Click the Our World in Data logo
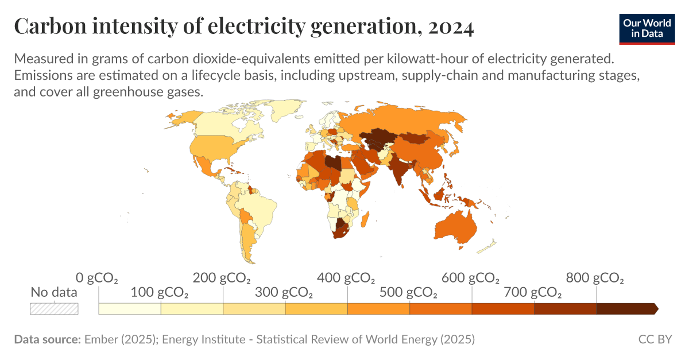point(647,28)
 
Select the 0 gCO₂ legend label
point(97,278)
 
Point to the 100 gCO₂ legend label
point(160,293)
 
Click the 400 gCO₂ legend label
point(347,278)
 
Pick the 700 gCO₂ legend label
point(533,293)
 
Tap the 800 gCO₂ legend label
point(595,278)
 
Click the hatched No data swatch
point(54,308)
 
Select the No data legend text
point(54,293)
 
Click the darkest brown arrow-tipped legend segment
point(626,309)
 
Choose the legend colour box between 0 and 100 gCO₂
point(130,309)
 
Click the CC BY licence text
point(655,339)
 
